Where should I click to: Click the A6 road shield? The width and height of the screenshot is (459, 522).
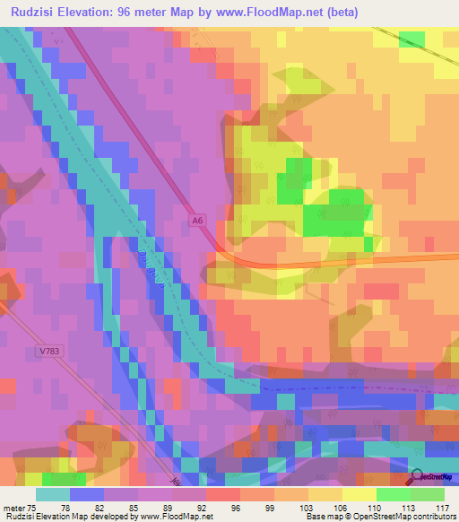[198, 218]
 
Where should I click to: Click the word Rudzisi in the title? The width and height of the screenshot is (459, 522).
[33, 13]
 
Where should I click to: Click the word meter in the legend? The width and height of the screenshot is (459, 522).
[13, 507]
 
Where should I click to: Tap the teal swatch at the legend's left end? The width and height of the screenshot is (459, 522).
[52, 493]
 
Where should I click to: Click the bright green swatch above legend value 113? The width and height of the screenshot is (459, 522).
[393, 493]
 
